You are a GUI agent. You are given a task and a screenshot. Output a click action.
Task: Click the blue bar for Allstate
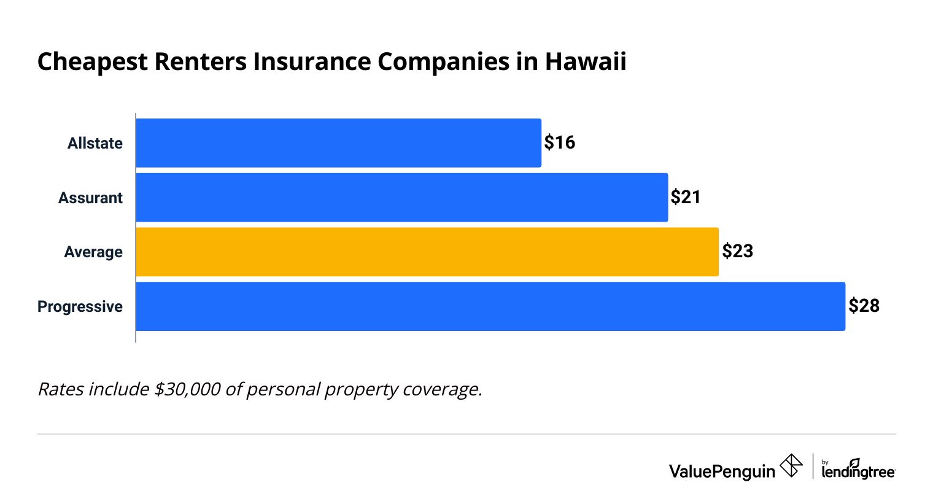[338, 143]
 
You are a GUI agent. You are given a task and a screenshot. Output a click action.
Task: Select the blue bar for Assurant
[401, 198]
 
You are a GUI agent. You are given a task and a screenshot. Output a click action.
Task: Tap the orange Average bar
[427, 252]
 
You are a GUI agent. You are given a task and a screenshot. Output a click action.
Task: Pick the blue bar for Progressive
[490, 306]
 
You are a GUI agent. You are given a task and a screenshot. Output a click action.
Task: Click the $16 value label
[559, 142]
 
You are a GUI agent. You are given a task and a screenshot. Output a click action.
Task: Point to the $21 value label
[686, 197]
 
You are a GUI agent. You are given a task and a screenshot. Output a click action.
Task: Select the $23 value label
[737, 251]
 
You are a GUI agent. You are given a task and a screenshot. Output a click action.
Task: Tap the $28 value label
[864, 306]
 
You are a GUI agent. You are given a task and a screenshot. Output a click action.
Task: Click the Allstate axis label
[95, 143]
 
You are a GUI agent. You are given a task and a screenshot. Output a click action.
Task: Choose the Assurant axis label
[90, 198]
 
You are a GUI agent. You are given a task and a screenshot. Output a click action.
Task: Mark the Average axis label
[93, 252]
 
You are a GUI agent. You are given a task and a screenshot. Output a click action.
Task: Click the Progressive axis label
[80, 306]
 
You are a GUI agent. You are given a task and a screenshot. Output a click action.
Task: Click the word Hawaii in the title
[586, 62]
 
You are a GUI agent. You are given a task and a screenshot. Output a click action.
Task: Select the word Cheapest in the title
[93, 62]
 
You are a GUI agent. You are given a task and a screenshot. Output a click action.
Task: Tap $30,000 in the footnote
[187, 389]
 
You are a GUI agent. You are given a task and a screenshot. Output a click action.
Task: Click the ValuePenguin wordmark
[722, 471]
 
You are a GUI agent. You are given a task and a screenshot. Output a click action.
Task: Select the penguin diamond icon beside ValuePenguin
[791, 466]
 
